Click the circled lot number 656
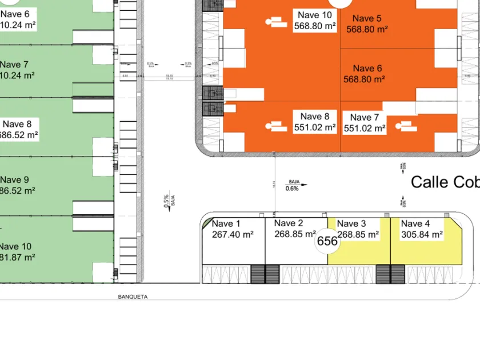pyautogui.click(x=327, y=241)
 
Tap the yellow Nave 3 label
pyautogui.click(x=351, y=223)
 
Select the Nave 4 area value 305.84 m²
pyautogui.click(x=422, y=234)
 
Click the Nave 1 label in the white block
pyautogui.click(x=226, y=223)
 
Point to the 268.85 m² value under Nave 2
pyautogui.click(x=295, y=234)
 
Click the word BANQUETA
pyautogui.click(x=133, y=297)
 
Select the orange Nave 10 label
pyautogui.click(x=314, y=15)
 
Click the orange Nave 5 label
pyautogui.click(x=367, y=18)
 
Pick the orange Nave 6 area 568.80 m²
pyautogui.click(x=364, y=79)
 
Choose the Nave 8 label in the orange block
pyautogui.click(x=315, y=117)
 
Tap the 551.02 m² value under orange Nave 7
pyautogui.click(x=364, y=129)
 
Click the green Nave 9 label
pyautogui.click(x=14, y=179)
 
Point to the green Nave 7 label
pyautogui.click(x=14, y=64)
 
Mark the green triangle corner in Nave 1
pyautogui.click(x=207, y=223)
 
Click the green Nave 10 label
pyautogui.click(x=15, y=246)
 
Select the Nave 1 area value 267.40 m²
pyautogui.click(x=233, y=234)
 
